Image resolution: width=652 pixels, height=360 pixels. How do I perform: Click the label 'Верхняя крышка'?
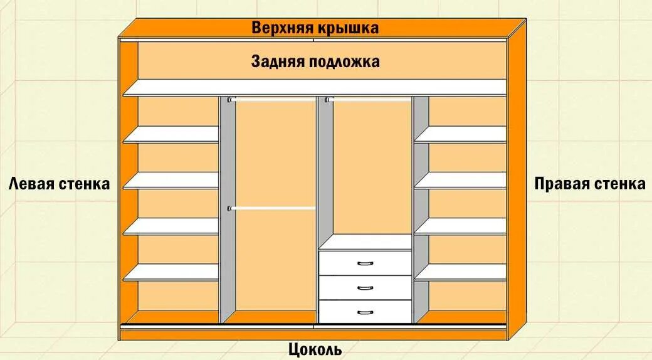point(315,28)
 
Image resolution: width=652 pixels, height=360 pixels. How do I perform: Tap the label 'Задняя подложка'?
point(315,61)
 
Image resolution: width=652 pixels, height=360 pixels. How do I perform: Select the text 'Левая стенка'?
point(60,184)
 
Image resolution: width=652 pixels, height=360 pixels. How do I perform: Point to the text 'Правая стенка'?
point(589,184)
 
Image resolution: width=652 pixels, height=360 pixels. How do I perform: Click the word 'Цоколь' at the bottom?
point(315,349)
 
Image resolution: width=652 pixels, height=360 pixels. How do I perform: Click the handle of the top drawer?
point(365,263)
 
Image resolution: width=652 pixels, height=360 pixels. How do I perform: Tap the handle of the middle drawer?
point(365,287)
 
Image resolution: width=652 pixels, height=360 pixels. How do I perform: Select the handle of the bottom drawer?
point(365,311)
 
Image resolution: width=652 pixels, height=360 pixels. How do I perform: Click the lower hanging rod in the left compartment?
point(273,208)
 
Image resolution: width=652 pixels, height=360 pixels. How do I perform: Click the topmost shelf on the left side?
point(171,134)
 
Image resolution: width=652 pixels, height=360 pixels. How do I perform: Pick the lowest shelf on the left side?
point(171,272)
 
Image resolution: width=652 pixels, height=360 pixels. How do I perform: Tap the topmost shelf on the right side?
point(460,134)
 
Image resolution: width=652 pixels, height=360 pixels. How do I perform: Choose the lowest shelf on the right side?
point(460,272)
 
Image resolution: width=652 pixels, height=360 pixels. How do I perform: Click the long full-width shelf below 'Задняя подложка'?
point(315,87)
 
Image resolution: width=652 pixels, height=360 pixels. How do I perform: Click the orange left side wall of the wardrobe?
point(129,188)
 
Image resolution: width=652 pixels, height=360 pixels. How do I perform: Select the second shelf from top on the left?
point(171,181)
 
